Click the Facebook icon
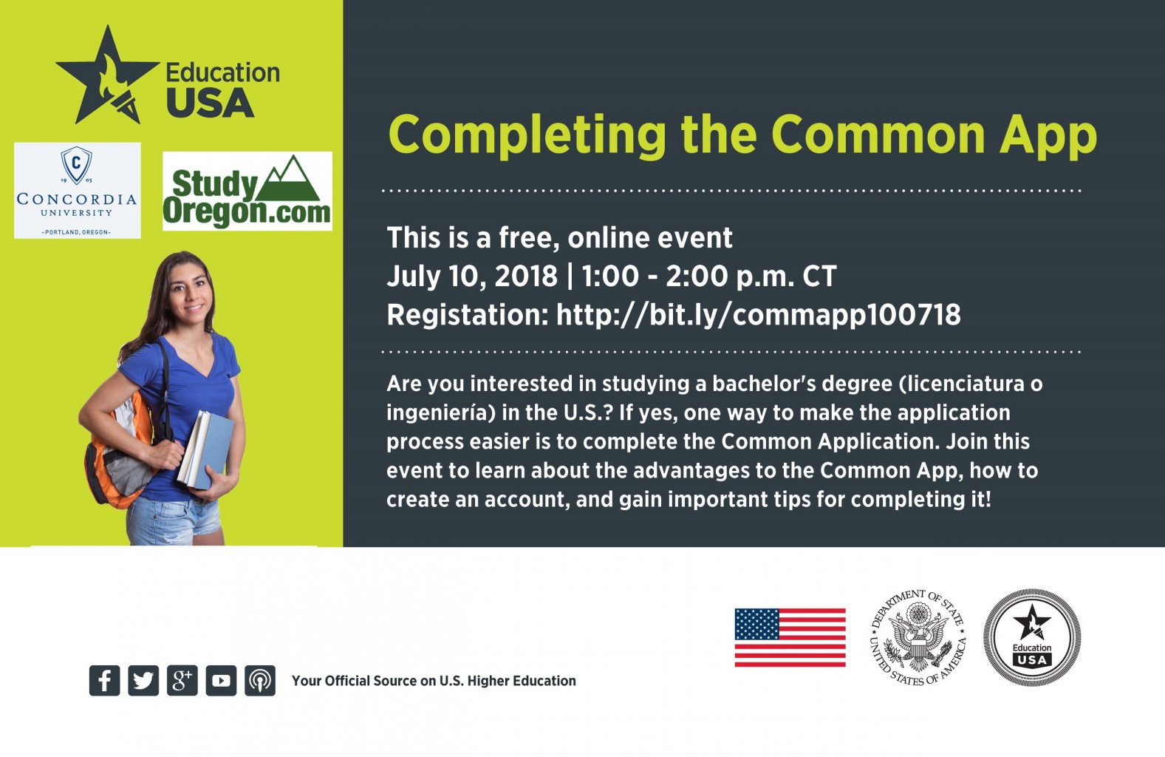click(105, 680)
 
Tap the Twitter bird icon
click(143, 680)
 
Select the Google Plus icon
click(182, 680)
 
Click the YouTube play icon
click(221, 680)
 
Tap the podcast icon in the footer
click(260, 680)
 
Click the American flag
click(790, 637)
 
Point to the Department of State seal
click(918, 637)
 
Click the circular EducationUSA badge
click(1032, 637)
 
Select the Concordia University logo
click(78, 191)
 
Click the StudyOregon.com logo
click(247, 191)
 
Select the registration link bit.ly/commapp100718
click(758, 314)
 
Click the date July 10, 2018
click(472, 276)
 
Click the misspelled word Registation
click(468, 315)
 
